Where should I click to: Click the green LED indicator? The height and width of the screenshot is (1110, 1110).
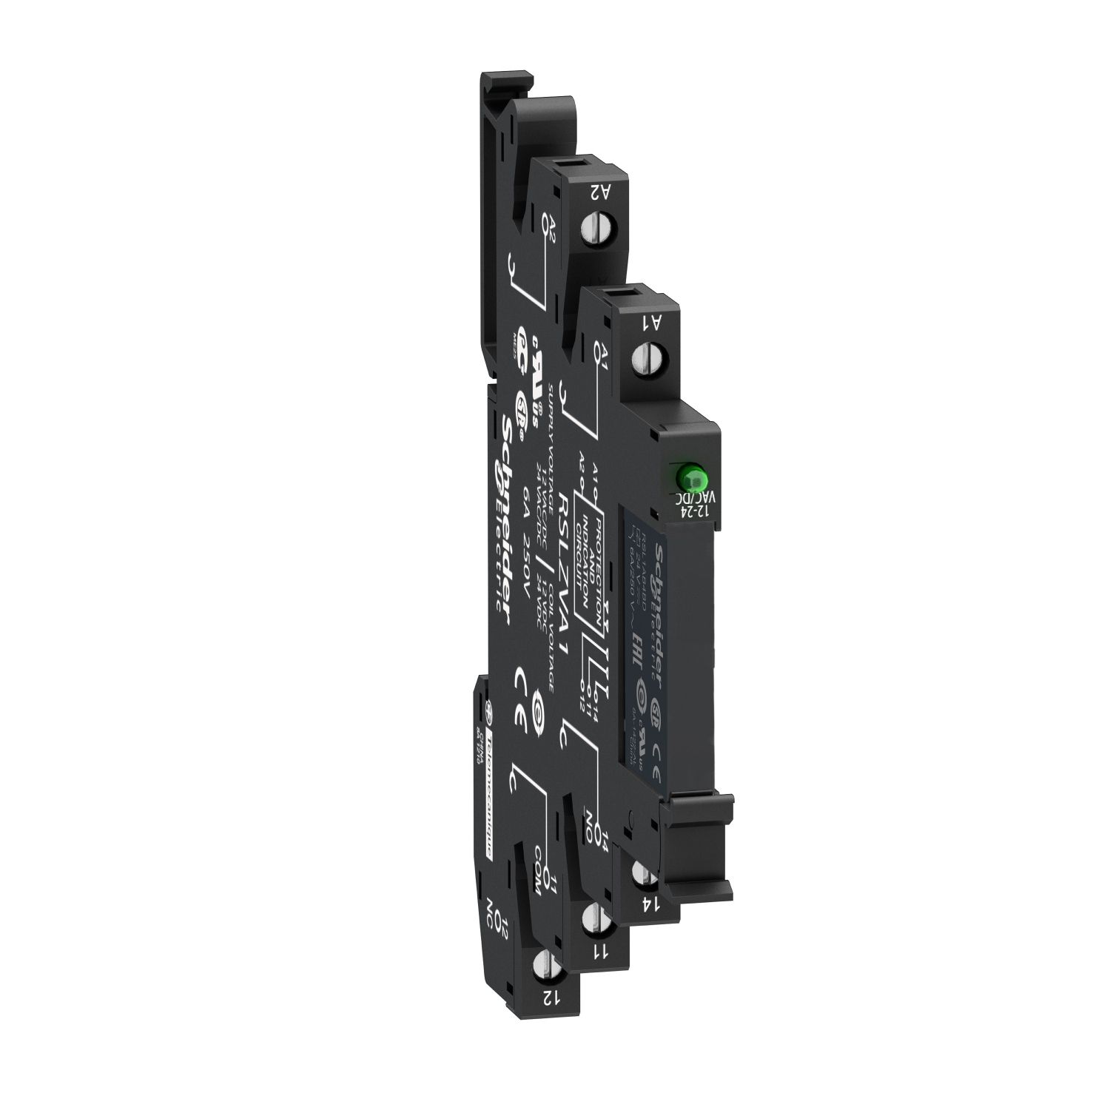click(687, 474)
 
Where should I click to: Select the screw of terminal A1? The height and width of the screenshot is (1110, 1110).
click(647, 360)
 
